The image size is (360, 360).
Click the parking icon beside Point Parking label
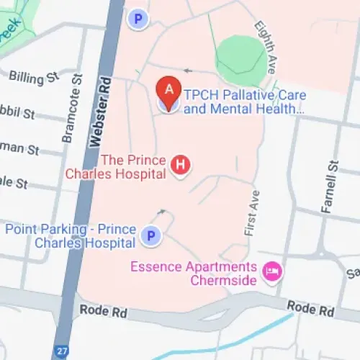coord(150,235)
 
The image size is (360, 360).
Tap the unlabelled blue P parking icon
coord(136,19)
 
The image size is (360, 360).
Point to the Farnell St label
coord(331,187)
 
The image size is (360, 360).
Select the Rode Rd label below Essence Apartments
coord(310,309)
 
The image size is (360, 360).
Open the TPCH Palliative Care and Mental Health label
coord(245,102)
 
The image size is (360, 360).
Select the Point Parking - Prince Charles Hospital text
coord(71,235)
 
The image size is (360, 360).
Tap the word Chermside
coord(223,280)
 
